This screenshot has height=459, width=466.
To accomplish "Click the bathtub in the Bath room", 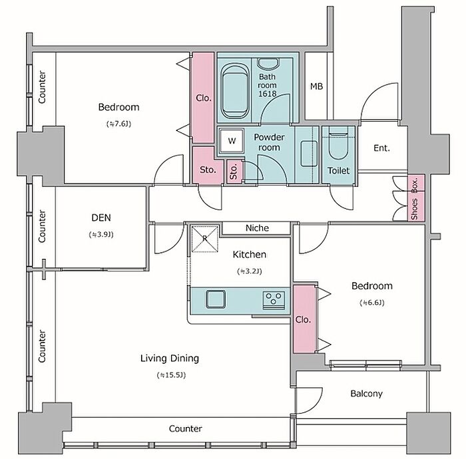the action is point(236,91).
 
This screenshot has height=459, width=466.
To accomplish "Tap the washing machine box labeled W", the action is point(232,141).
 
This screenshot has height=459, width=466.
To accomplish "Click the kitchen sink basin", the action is point(216,299).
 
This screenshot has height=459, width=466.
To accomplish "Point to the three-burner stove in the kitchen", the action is point(274,299).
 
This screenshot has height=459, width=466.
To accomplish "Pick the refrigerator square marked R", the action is point(205,239).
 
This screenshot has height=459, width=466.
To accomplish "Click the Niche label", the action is point(257,228).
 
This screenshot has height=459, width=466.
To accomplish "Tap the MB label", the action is point(316,86).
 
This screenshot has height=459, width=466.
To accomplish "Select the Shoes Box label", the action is point(415,199).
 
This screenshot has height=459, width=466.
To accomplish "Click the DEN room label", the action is point(101,218).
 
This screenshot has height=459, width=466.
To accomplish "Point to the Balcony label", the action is point(366,394).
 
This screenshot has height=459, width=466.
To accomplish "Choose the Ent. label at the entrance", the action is point(381,148).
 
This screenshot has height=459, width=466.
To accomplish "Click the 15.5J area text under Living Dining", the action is point(171,375).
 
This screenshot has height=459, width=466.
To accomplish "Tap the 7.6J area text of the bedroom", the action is point(118,124).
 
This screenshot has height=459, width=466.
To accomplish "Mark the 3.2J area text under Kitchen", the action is point(250,271).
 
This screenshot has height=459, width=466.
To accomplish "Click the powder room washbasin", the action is point(309,154).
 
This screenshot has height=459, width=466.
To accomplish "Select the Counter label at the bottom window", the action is point(186,428).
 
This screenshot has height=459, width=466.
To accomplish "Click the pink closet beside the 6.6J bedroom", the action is point(304,319).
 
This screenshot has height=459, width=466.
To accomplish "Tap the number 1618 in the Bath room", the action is point(267,94).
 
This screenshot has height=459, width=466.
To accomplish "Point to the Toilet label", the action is point(338,170).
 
